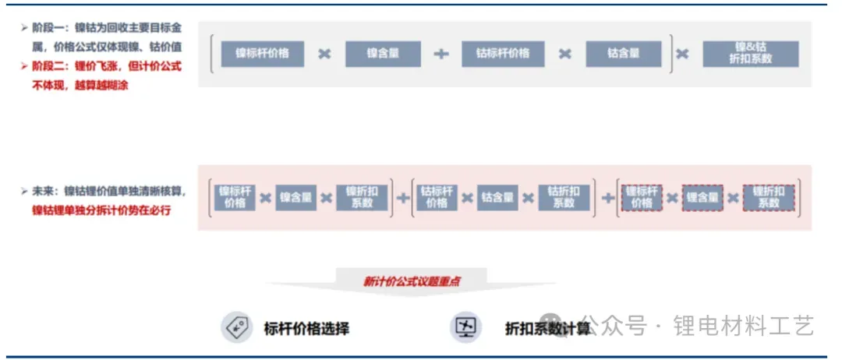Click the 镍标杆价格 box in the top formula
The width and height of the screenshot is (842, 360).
(262, 54)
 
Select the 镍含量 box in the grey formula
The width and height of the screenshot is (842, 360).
(383, 54)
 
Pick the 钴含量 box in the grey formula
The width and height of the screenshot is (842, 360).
(623, 54)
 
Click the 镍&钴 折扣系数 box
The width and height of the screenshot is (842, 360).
(750, 53)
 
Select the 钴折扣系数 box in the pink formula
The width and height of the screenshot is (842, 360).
(563, 197)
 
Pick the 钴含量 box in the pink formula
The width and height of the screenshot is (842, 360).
(497, 197)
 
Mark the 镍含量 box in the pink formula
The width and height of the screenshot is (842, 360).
(295, 197)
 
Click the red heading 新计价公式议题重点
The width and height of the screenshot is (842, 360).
(411, 281)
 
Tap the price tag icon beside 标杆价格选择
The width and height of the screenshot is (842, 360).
(235, 327)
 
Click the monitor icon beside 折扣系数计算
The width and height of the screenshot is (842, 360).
(465, 327)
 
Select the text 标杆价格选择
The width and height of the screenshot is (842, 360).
(306, 328)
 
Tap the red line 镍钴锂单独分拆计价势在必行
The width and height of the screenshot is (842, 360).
(101, 210)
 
